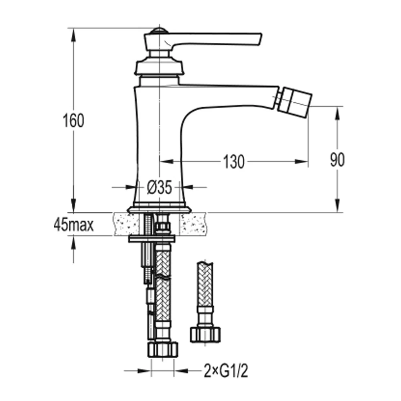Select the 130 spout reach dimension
coord(233,162)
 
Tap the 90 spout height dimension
coord(337,160)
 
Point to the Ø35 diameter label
coord(160,187)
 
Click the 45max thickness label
coord(73,225)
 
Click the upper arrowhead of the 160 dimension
coord(74,34)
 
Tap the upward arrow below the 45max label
coord(74,243)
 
